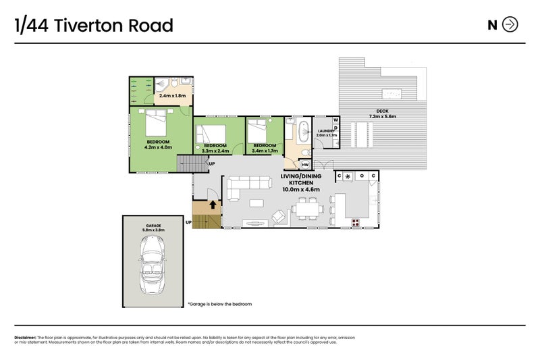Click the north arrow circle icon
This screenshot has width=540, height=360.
(x=511, y=25)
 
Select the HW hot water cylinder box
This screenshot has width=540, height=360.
(x=305, y=164)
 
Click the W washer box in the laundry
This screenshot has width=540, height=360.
(x=335, y=120)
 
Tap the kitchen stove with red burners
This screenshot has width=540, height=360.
(x=356, y=222)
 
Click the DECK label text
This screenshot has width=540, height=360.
(x=383, y=111)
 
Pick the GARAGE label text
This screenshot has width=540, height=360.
(x=153, y=226)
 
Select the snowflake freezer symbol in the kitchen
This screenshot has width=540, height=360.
(x=348, y=176)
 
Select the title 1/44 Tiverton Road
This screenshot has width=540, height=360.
(x=94, y=26)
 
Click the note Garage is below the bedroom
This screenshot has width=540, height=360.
(x=219, y=304)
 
